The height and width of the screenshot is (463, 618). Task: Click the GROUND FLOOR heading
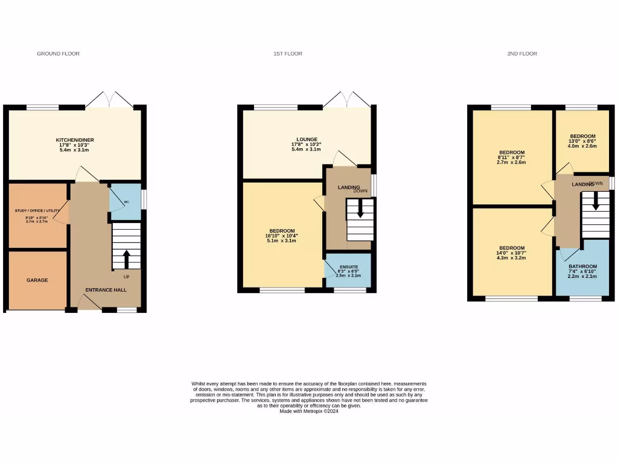pyautogui.click(x=59, y=54)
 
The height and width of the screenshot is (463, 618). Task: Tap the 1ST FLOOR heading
pyautogui.click(x=287, y=54)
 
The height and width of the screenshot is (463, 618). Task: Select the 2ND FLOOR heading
pyautogui.click(x=522, y=54)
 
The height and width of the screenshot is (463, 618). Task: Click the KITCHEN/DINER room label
pyautogui.click(x=75, y=140)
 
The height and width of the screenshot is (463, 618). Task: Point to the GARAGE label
pyautogui.click(x=37, y=280)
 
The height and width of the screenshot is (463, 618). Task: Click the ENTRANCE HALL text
pyautogui.click(x=106, y=291)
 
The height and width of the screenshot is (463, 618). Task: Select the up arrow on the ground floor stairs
pyautogui.click(x=127, y=259)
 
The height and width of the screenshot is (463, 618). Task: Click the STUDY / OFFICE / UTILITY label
pyautogui.click(x=37, y=210)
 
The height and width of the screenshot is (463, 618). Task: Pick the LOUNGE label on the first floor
pyautogui.click(x=307, y=139)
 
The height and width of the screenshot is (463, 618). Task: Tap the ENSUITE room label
pyautogui.click(x=348, y=266)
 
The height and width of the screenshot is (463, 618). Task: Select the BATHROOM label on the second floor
pyautogui.click(x=582, y=266)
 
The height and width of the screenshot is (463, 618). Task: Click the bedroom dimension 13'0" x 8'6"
pyautogui.click(x=583, y=141)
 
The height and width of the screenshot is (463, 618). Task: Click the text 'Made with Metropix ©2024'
pyautogui.click(x=309, y=411)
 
